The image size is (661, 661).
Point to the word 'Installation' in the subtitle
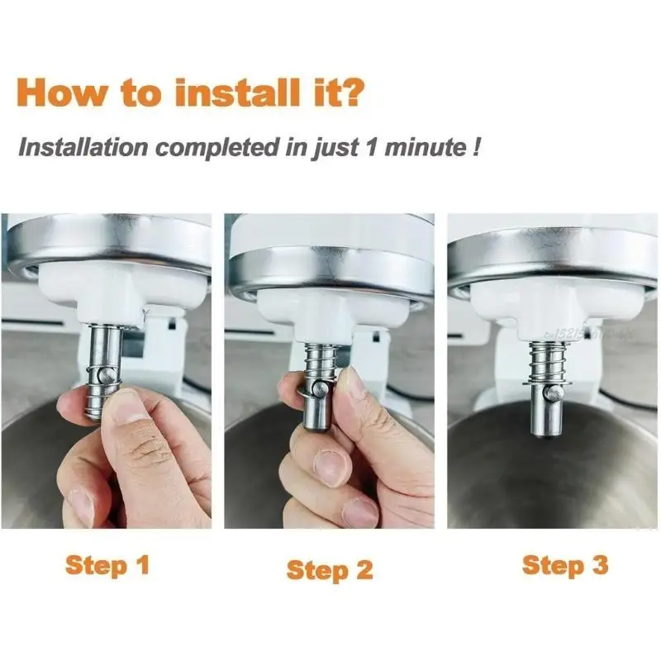click(83, 149)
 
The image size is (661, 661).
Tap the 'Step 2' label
click(330, 569)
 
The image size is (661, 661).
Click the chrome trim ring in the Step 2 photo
click(330, 273)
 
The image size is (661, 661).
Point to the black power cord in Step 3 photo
click(636, 405)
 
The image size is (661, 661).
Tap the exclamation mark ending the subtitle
click(478, 149)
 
